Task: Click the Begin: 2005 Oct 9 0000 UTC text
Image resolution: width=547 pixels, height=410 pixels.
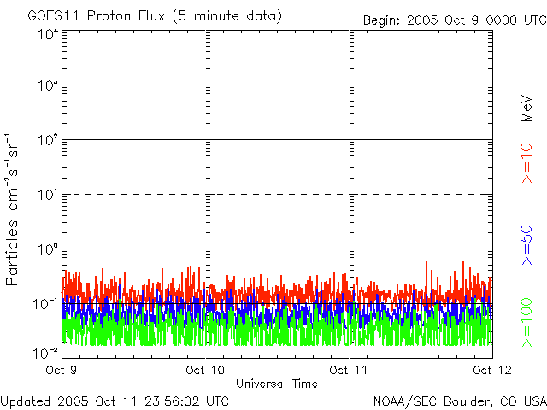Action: pyautogui.click(x=453, y=20)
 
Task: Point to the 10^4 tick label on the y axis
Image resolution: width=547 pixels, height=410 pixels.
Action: pyautogui.click(x=47, y=34)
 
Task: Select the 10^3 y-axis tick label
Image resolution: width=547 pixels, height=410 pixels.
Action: pyautogui.click(x=47, y=86)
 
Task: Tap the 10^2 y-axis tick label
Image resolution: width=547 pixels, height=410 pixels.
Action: pyautogui.click(x=47, y=141)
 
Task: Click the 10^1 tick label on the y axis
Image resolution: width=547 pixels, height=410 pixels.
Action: pyautogui.click(x=47, y=196)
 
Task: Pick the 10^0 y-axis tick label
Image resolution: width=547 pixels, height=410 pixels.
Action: pyautogui.click(x=47, y=250)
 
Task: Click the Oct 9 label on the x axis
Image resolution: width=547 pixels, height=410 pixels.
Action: pyautogui.click(x=62, y=371)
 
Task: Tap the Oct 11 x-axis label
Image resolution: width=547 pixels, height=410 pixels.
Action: pyautogui.click(x=349, y=371)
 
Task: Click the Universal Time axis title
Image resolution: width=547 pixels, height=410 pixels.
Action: pyautogui.click(x=276, y=384)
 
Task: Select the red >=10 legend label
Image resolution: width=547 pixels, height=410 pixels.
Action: pyautogui.click(x=526, y=162)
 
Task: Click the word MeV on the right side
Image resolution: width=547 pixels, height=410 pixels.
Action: pyautogui.click(x=526, y=108)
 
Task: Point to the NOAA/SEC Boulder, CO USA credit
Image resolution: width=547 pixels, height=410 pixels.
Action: pyautogui.click(x=459, y=401)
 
